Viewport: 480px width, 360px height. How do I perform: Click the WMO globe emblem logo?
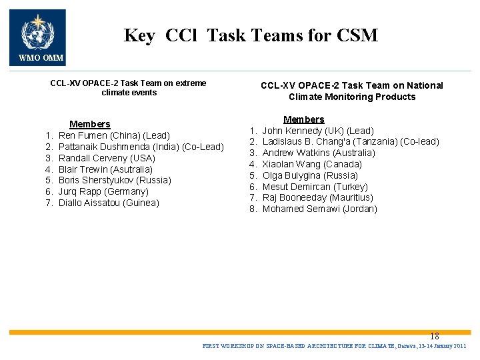tap(37, 32)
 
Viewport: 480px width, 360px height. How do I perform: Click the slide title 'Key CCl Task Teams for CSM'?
tap(251, 35)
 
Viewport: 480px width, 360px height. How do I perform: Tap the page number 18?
tap(435, 337)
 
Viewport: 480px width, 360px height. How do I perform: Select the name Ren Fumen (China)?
tap(114, 135)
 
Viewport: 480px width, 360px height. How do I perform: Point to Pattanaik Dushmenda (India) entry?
tap(141, 147)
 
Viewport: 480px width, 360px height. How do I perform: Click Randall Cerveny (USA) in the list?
tap(107, 158)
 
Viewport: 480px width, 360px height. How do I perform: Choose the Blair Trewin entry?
tap(105, 169)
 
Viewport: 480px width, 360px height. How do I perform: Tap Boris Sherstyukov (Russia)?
tap(115, 180)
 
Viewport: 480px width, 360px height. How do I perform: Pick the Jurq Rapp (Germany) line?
tap(103, 191)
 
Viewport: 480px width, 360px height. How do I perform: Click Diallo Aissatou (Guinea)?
tap(109, 203)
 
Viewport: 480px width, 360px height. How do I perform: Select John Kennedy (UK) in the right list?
tap(318, 131)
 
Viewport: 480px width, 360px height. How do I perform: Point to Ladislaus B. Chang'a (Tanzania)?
tap(351, 141)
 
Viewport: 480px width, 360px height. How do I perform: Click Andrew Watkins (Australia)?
tap(319, 153)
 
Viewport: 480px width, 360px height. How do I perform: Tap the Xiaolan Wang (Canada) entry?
tap(312, 164)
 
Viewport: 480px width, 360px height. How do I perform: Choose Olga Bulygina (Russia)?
tap(310, 175)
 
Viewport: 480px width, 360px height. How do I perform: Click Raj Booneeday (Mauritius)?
tap(317, 197)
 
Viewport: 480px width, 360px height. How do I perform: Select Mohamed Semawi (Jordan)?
tap(319, 209)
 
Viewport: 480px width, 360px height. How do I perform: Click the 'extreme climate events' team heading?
tap(129, 88)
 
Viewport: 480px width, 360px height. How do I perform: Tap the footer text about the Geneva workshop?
tap(334, 347)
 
